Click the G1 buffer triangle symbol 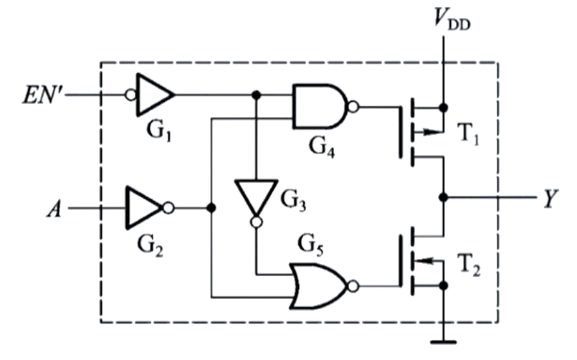[153, 95]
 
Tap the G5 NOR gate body [318, 285]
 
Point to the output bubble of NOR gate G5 [352, 285]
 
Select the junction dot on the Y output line [444, 196]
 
